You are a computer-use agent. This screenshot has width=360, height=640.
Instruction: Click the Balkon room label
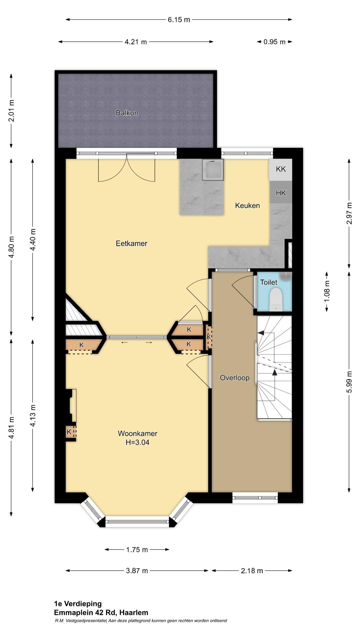pyautogui.click(x=127, y=113)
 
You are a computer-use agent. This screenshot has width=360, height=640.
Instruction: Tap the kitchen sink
pyautogui.click(x=213, y=170)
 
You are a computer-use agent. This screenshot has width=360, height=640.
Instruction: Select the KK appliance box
pyautogui.click(x=281, y=169)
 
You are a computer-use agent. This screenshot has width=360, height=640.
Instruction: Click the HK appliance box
pyautogui.click(x=281, y=193)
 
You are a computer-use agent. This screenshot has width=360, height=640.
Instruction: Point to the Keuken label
pyautogui.click(x=247, y=206)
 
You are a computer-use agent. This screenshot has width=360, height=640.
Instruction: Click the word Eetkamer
pyautogui.click(x=131, y=244)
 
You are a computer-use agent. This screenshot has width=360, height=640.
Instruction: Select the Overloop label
pyautogui.click(x=235, y=378)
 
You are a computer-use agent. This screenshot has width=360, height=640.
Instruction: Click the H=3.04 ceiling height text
pyautogui.click(x=137, y=442)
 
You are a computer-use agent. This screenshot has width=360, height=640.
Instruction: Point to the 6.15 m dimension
pyautogui.click(x=179, y=20)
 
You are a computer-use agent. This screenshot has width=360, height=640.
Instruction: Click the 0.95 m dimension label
pyautogui.click(x=274, y=42)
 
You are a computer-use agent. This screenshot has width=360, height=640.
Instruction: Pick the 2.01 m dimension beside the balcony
pyautogui.click(x=11, y=110)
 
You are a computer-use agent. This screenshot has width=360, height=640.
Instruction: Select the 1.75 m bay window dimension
pyautogui.click(x=137, y=550)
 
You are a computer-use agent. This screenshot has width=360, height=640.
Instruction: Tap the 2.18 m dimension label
pyautogui.click(x=252, y=571)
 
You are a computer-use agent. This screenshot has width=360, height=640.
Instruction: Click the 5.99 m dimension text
pyautogui.click(x=349, y=382)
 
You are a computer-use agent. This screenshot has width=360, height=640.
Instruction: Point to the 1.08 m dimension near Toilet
pyautogui.click(x=327, y=291)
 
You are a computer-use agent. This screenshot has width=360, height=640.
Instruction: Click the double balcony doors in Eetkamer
pyautogui.click(x=127, y=168)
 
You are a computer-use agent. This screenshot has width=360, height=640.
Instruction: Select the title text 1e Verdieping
pyautogui.click(x=78, y=604)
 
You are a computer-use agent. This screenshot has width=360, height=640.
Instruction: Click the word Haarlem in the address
pyautogui.click(x=134, y=613)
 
